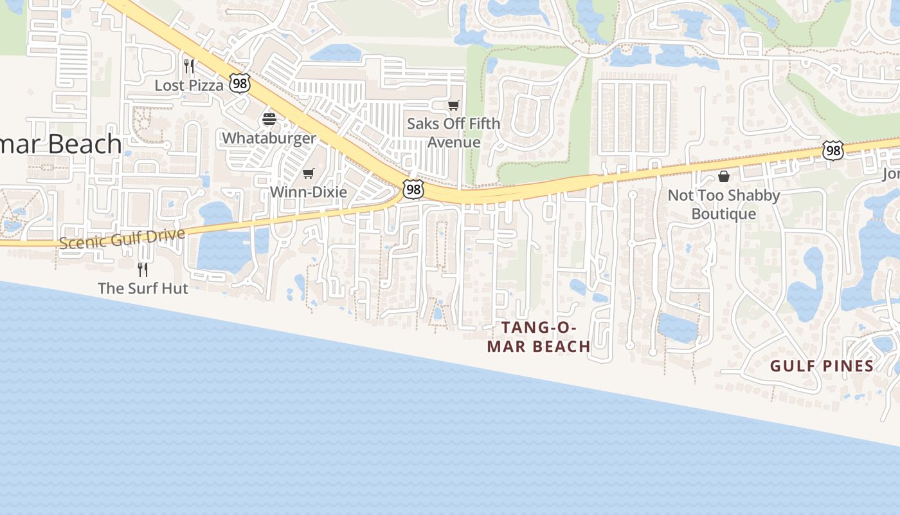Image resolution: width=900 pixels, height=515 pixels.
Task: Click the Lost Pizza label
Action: pyautogui.click(x=189, y=85)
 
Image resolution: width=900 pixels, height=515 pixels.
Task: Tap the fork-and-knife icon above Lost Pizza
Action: pyautogui.click(x=189, y=66)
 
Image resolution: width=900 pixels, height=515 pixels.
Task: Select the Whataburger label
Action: pyautogui.click(x=269, y=138)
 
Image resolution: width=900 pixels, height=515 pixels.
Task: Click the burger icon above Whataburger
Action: pyautogui.click(x=269, y=119)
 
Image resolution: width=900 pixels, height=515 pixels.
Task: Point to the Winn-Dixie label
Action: pyautogui.click(x=309, y=192)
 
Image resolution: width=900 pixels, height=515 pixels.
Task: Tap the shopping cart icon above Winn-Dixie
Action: pyautogui.click(x=309, y=173)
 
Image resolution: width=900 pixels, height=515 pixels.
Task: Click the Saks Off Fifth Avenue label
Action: pyautogui.click(x=454, y=133)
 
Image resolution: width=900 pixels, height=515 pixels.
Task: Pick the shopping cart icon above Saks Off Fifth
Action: pyautogui.click(x=454, y=105)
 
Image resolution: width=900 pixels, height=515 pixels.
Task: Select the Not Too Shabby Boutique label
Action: pyautogui.click(x=724, y=204)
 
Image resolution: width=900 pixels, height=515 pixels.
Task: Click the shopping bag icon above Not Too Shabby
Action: pyautogui.click(x=724, y=176)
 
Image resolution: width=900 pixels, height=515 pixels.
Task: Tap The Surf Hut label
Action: pyautogui.click(x=143, y=288)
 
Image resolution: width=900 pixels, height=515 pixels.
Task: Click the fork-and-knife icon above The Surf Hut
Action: pyautogui.click(x=143, y=269)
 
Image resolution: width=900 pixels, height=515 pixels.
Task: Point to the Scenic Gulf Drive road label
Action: pyautogui.click(x=122, y=238)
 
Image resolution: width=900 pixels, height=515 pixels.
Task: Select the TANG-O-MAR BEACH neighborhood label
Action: pyautogui.click(x=539, y=337)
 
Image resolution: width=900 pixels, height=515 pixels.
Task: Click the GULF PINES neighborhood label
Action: pyautogui.click(x=822, y=366)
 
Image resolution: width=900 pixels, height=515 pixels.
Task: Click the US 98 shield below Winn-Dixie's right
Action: pyautogui.click(x=413, y=189)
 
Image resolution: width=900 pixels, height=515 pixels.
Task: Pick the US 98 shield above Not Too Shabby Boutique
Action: pyautogui.click(x=833, y=151)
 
